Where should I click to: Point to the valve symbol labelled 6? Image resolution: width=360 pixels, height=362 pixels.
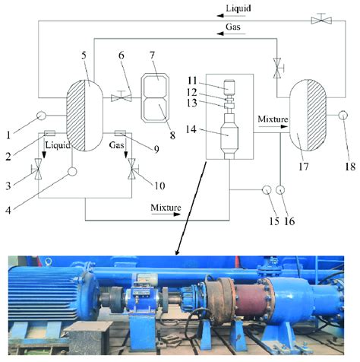(x=122, y=97)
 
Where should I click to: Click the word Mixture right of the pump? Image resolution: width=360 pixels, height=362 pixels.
(x=273, y=119)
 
